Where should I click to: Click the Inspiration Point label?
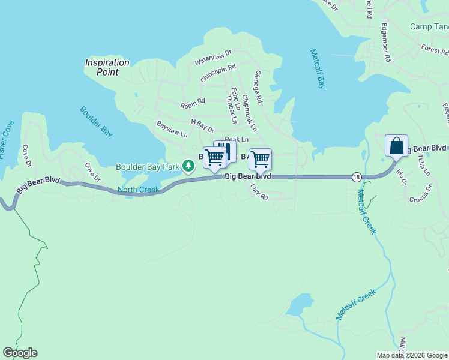[x=107, y=67]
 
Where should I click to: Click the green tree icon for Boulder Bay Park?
[x=188, y=165]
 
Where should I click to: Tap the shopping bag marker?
[x=396, y=146]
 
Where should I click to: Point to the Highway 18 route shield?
[x=357, y=176]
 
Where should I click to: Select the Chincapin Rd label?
[x=218, y=73]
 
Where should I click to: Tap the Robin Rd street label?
[x=193, y=104]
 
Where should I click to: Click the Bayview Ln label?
[x=172, y=129]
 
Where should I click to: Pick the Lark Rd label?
[x=259, y=192]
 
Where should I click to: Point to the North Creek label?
[x=139, y=190]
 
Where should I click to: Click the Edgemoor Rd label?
[x=386, y=44]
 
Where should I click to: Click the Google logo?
[x=20, y=353]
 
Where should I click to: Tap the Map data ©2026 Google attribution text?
[x=412, y=355]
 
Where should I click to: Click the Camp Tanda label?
[x=429, y=26]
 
